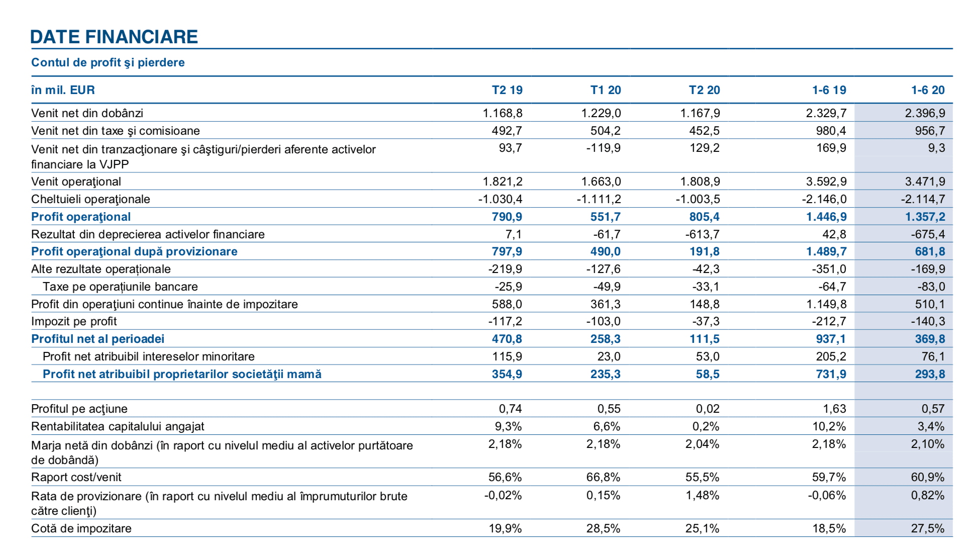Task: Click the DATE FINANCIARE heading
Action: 114,37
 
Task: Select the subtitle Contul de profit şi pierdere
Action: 108,62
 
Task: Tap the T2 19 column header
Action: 507,90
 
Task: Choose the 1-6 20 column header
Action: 928,90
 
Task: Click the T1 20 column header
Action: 606,90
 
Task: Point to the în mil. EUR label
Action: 63,90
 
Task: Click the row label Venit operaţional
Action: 76,181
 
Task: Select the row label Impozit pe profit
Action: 74,321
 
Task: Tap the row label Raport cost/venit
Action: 76,477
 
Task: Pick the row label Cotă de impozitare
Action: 81,528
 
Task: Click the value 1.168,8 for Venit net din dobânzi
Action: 503,113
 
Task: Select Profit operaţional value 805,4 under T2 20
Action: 705,217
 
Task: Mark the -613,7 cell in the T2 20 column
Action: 703,234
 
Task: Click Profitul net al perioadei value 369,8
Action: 930,339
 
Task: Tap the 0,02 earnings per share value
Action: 708,409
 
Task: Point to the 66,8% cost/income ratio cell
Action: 603,477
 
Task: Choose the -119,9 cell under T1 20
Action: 604,148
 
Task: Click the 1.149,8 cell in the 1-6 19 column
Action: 826,304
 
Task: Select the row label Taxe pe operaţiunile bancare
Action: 120,287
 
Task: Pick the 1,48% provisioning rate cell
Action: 703,495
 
